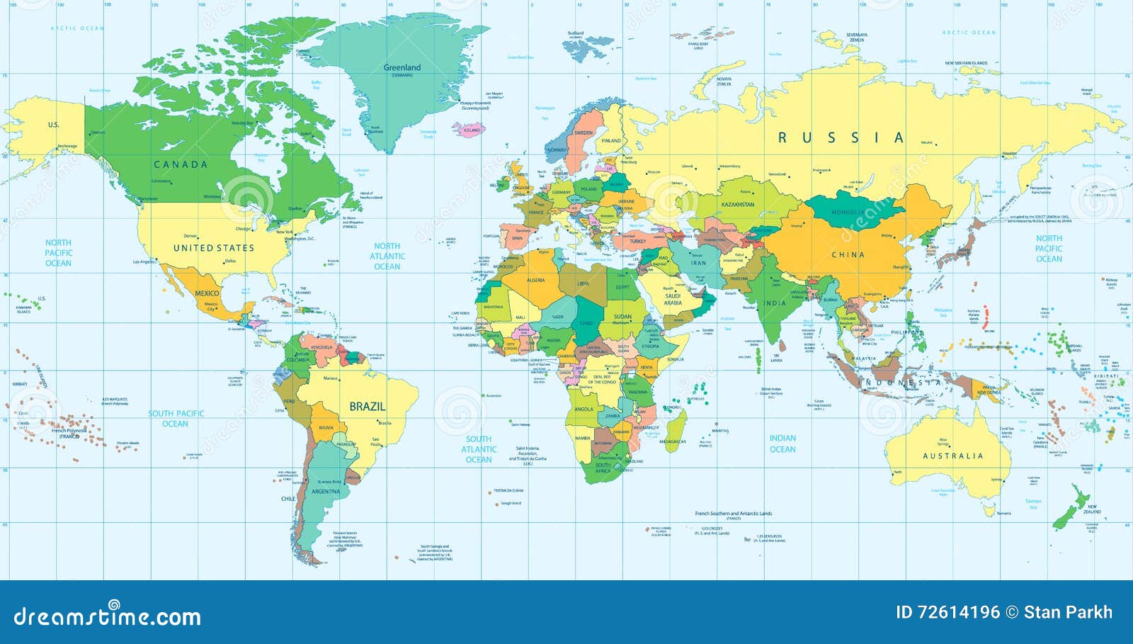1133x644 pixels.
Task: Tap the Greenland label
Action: pyautogui.click(x=402, y=68)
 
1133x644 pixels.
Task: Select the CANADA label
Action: pyautogui.click(x=181, y=164)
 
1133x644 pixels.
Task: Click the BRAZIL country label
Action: pyautogui.click(x=367, y=407)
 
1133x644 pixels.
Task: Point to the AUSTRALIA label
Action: pyautogui.click(x=952, y=456)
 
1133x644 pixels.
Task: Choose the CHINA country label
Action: pyautogui.click(x=848, y=255)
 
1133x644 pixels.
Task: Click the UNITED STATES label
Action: pyautogui.click(x=213, y=248)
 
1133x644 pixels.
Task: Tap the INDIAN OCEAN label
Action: pyautogui.click(x=782, y=444)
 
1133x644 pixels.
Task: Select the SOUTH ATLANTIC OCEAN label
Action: pyautogui.click(x=479, y=449)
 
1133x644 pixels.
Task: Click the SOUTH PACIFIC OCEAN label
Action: pyautogui.click(x=176, y=418)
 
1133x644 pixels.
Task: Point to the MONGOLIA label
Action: pyautogui.click(x=847, y=213)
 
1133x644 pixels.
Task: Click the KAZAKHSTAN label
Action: pyautogui.click(x=737, y=205)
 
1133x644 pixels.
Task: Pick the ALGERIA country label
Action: pyautogui.click(x=535, y=281)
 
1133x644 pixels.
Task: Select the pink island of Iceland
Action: pyautogui.click(x=472, y=130)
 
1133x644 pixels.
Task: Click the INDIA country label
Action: pyautogui.click(x=774, y=303)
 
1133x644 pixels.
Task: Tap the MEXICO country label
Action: pyautogui.click(x=207, y=293)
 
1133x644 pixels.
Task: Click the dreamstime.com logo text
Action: pyautogui.click(x=107, y=616)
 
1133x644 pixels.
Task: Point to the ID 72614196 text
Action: pyautogui.click(x=947, y=612)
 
